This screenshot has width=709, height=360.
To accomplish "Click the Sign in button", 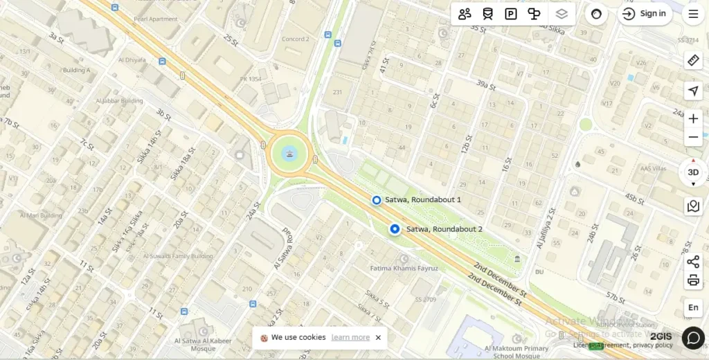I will pos(645,14).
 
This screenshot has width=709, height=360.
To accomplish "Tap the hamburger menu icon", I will pos(693,14).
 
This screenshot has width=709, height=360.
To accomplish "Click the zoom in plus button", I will pos(693,118).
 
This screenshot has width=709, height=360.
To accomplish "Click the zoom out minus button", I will pos(693,137).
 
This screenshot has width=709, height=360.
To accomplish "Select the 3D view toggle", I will pos(693,172).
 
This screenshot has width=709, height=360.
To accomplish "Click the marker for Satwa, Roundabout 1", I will pos(377,200).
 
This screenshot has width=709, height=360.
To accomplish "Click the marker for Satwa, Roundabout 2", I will pos(395,229).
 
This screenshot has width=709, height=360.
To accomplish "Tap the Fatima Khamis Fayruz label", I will pos(404,268).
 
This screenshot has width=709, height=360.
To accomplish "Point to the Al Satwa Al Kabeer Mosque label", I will pos(203,344).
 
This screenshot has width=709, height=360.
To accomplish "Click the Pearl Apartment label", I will pos(156,19).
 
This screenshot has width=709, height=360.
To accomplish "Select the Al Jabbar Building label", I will pos(122,100).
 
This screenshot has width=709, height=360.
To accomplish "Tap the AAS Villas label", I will pos(653,169).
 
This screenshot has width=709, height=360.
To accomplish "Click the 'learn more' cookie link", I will pos(350,337).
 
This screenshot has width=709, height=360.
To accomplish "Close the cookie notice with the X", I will pos(378,337).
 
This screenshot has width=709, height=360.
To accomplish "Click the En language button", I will pos(693,307).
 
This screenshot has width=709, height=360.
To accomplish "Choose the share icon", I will pos(693,262).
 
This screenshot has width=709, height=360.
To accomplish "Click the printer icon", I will pos(693,280).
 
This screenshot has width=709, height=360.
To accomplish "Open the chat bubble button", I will pos(693,337).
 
